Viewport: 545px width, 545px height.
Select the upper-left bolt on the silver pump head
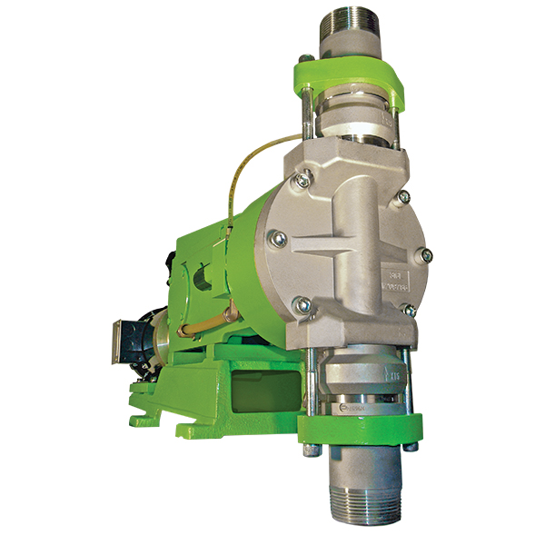point(302,181)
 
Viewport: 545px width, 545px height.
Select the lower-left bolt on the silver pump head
point(305,305)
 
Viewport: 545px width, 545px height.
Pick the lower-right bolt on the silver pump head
point(411,311)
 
